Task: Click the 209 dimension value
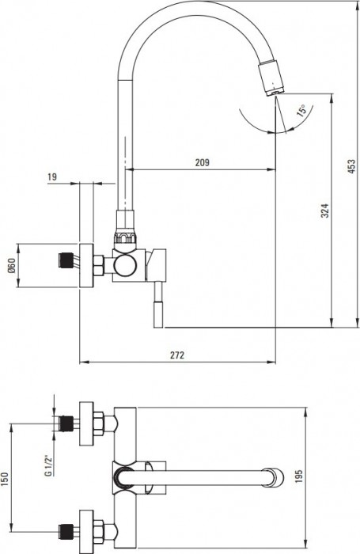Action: tap(201, 162)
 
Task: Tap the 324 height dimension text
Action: tap(325, 211)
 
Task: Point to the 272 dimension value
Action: tap(177, 356)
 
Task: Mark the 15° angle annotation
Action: tap(302, 110)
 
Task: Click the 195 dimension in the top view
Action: tap(320, 480)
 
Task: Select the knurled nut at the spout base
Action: tap(127, 237)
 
